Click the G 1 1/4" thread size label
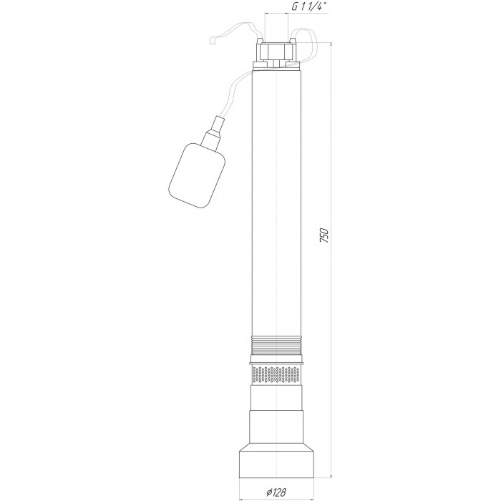coord(309,7)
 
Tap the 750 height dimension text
coord(324,235)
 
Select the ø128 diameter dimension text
coord(276,492)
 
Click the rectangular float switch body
coord(197,175)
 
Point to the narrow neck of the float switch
coord(214,132)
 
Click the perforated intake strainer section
coord(276,375)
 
